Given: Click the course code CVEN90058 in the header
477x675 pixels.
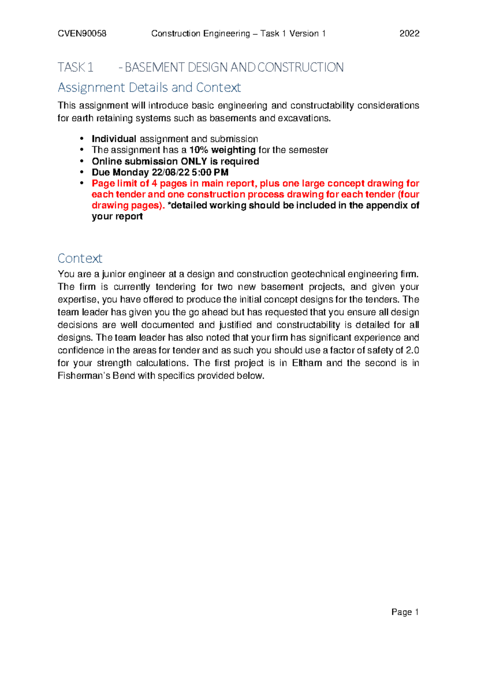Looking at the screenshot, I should click(82, 34).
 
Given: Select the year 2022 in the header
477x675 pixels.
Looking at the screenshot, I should click(409, 34).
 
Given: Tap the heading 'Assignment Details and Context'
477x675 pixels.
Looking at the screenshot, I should click(149, 87).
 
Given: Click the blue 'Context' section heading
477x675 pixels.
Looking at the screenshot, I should click(80, 258).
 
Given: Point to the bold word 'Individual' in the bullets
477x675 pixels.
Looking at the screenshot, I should click(114, 139).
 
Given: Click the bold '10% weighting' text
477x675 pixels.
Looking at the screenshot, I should click(223, 150).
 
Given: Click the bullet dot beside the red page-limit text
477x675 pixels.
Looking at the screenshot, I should click(82, 183).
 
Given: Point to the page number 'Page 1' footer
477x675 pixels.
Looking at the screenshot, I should click(405, 612).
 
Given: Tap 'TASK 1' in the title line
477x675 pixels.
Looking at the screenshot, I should click(76, 68).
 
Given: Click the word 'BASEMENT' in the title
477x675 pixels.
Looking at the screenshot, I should click(155, 68).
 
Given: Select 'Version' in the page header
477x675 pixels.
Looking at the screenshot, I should click(304, 34).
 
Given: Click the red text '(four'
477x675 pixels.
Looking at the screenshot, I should click(409, 194).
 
